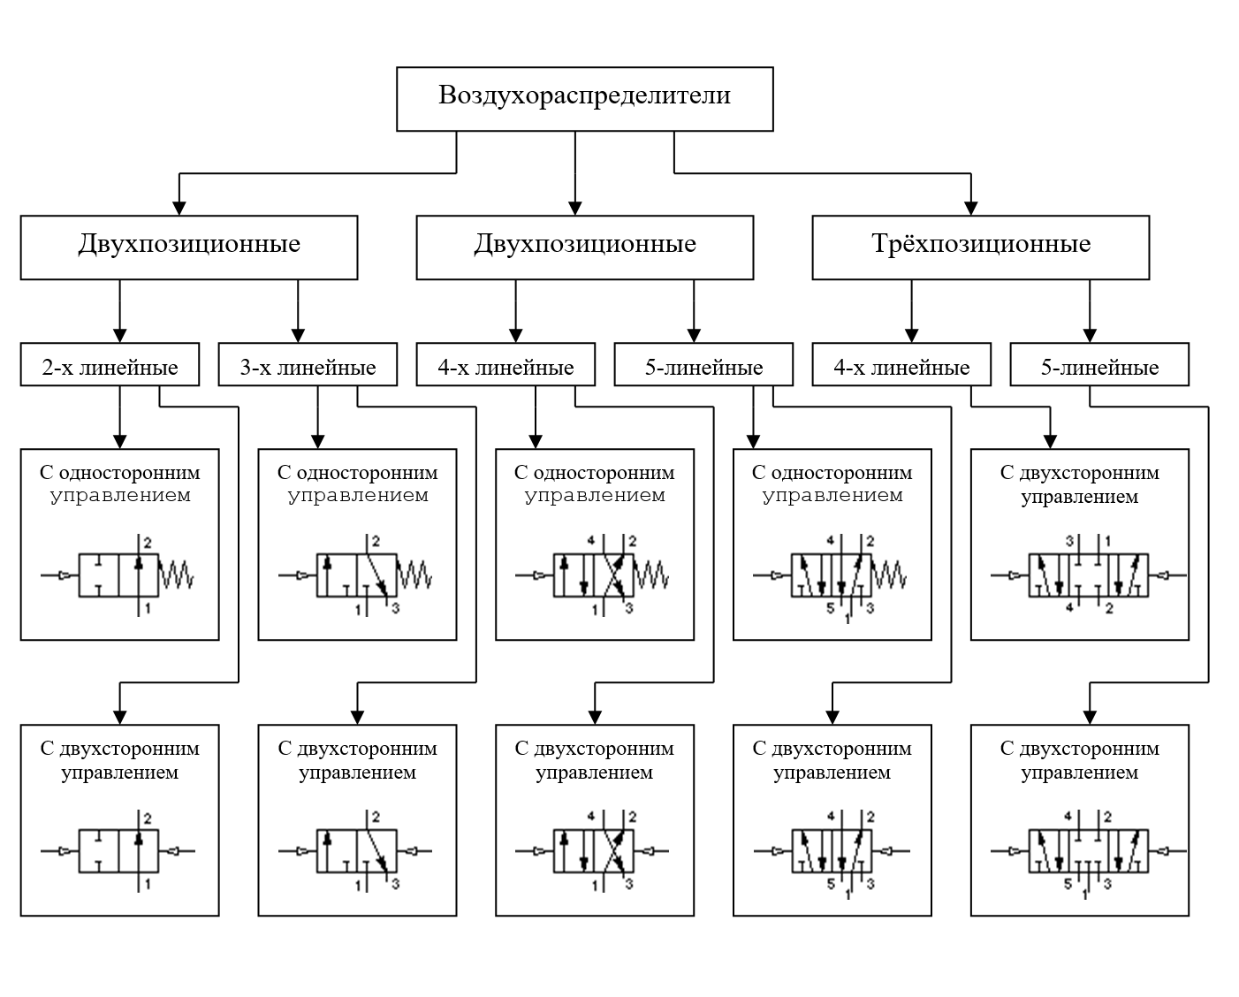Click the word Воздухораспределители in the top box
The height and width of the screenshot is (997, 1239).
click(584, 95)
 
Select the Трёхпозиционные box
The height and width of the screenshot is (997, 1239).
click(980, 247)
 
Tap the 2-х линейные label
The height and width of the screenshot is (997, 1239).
click(110, 367)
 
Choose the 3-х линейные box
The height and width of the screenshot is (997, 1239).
click(308, 364)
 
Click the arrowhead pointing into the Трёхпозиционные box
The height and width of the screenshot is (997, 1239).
click(970, 208)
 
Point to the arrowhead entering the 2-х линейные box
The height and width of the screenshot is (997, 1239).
click(120, 335)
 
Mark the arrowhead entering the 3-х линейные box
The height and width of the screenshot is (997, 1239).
click(298, 335)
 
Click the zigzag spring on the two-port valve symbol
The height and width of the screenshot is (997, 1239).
click(176, 575)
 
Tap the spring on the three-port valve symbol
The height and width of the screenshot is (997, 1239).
click(414, 575)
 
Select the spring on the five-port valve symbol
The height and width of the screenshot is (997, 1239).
click(889, 575)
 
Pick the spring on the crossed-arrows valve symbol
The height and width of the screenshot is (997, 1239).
click(651, 575)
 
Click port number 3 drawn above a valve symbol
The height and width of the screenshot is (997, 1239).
click(1069, 541)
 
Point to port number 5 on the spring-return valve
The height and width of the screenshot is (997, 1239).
click(830, 608)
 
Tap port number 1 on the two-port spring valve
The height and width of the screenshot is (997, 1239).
click(148, 608)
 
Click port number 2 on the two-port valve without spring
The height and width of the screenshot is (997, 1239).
click(148, 818)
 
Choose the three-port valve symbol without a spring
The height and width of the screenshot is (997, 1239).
click(355, 850)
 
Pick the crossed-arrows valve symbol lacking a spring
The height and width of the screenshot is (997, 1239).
click(592, 850)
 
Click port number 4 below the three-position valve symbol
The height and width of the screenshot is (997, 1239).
click(1069, 607)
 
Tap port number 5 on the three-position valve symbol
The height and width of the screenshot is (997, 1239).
click(1068, 884)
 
